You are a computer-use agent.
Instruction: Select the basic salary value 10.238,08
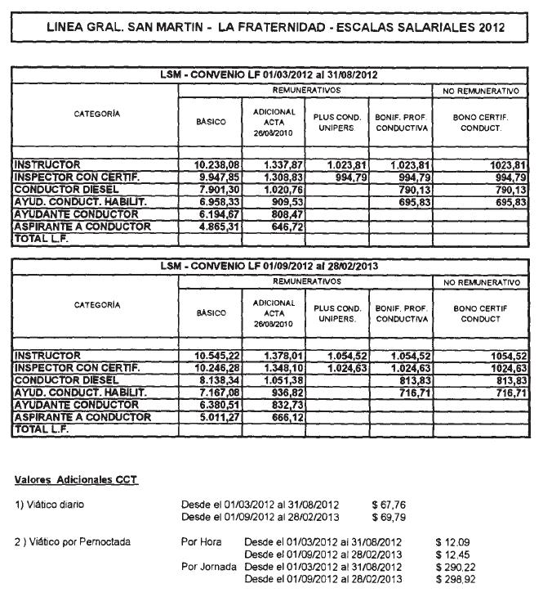[x=216, y=164]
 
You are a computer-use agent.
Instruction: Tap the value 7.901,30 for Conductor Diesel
[x=216, y=189]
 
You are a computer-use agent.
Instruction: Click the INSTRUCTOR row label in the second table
[x=47, y=356]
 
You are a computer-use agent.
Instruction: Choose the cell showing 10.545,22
[x=216, y=356]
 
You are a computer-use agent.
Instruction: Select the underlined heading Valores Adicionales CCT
[x=77, y=478]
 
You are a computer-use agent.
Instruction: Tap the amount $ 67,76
[x=389, y=505]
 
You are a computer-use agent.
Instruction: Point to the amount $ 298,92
[x=456, y=580]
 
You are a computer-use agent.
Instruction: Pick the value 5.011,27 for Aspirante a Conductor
[x=216, y=417]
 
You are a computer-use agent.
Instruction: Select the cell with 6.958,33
[x=216, y=201]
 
